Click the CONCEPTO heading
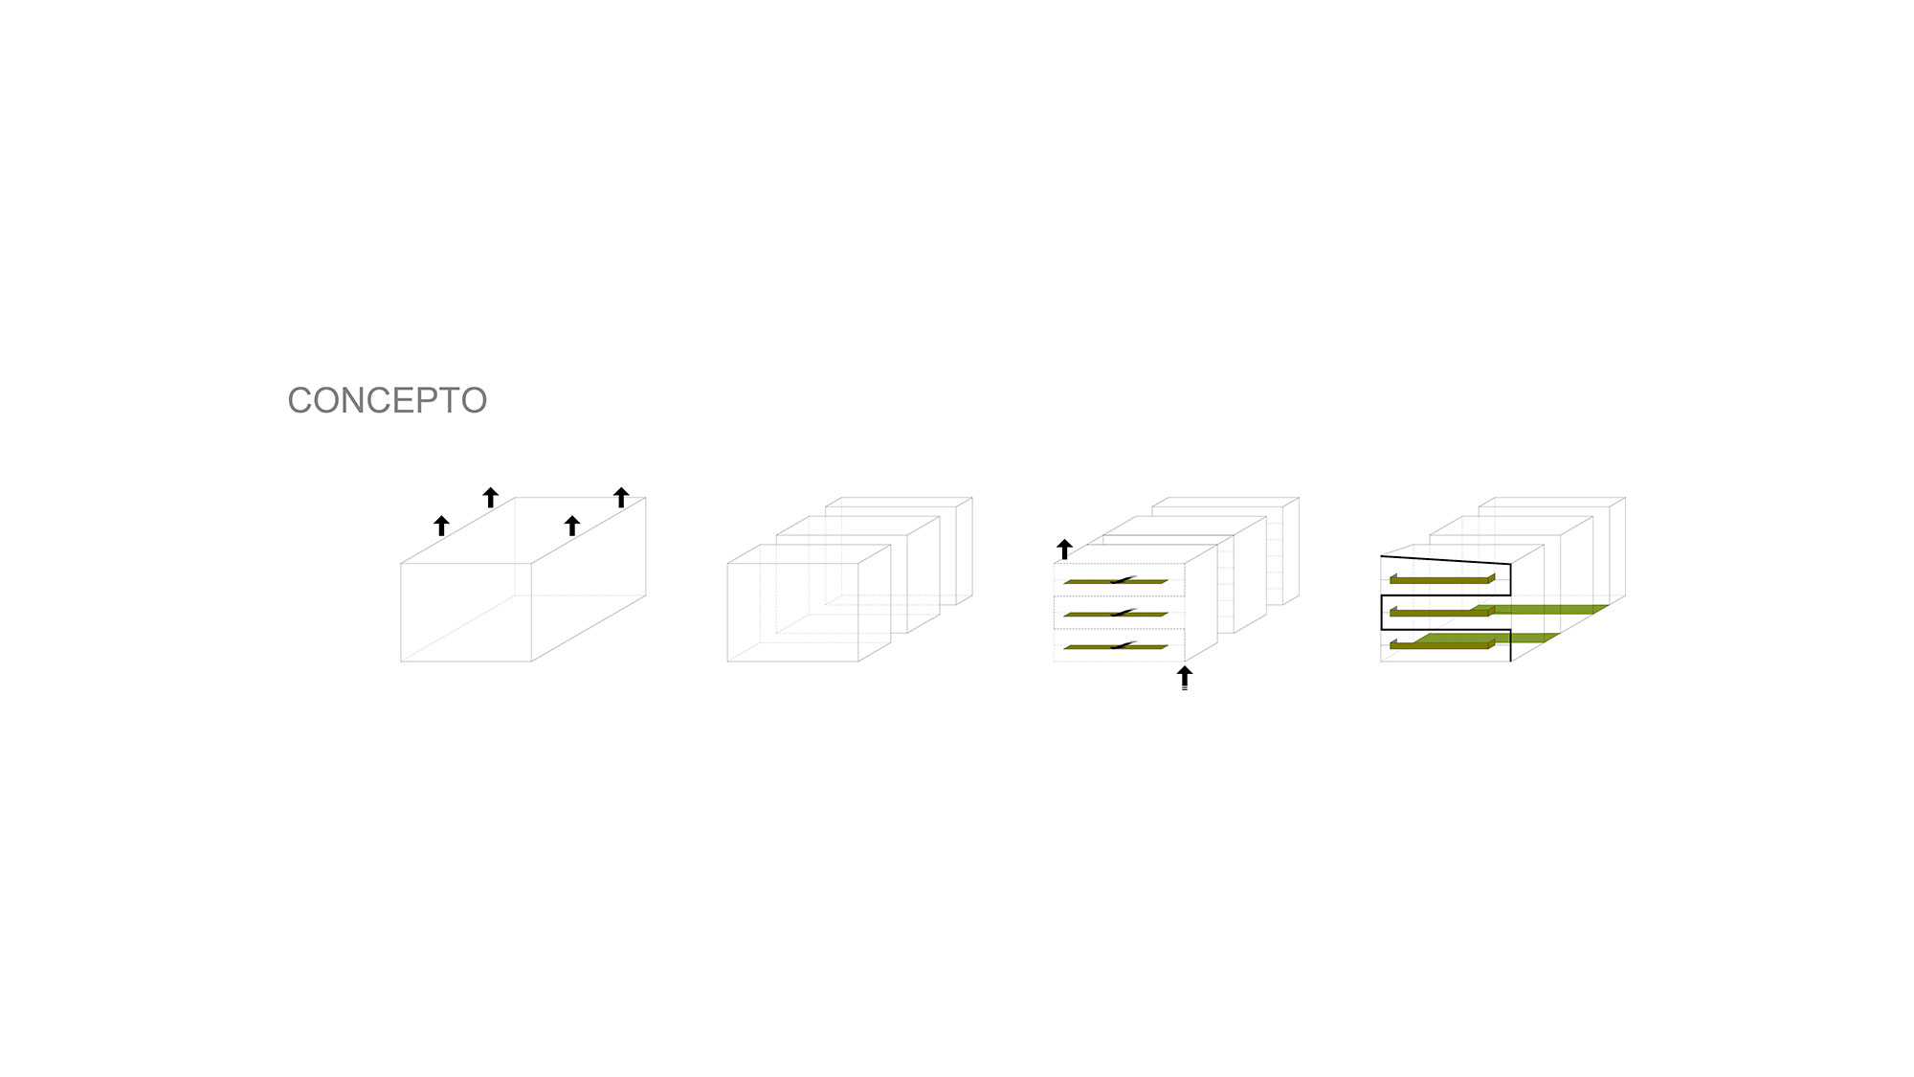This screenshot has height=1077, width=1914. click(388, 400)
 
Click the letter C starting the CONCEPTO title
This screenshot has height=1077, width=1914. click(300, 400)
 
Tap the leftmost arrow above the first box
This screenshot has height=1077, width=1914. click(441, 526)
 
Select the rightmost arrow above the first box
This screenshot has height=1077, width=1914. click(621, 497)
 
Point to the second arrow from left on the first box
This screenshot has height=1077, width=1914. click(491, 497)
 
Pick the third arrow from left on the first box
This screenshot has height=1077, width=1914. click(572, 526)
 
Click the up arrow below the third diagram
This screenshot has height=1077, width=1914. click(1185, 677)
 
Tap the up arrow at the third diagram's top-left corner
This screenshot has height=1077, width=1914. click(1064, 549)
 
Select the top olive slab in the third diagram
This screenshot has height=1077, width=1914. click(1116, 581)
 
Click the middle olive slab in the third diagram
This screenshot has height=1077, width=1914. click(1116, 614)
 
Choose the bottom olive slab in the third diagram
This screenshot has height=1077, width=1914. click(1116, 647)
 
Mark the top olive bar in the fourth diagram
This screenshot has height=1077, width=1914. click(1442, 579)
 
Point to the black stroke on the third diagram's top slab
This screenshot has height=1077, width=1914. click(1123, 579)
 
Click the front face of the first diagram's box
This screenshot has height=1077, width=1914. click(466, 612)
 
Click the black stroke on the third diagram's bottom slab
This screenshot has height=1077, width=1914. click(1123, 644)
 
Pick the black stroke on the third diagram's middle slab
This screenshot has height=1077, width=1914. click(1123, 612)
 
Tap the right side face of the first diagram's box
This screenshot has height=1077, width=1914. click(589, 579)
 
